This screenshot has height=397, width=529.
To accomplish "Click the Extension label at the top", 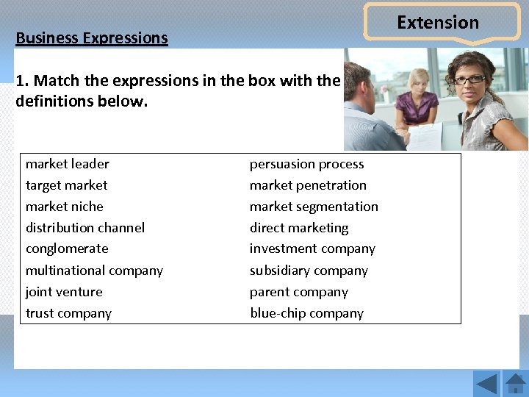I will click(438, 23).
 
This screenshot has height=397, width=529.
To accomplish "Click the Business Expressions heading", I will click(92, 38).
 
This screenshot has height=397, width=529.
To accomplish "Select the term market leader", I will click(68, 164).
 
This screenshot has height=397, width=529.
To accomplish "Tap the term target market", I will click(66, 185).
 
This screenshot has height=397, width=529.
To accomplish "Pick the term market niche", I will click(65, 207).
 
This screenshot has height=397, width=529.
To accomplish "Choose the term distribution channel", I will click(85, 228).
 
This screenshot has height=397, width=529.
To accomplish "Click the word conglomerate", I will click(67, 248).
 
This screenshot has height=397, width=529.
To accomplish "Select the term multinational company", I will click(94, 271).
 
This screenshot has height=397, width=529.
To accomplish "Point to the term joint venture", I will click(64, 292).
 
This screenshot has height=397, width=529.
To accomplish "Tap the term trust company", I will click(68, 313).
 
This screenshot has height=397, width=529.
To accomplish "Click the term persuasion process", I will click(306, 164).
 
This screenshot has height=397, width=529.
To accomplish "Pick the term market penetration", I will click(308, 185).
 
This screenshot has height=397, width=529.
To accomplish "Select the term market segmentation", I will click(314, 207).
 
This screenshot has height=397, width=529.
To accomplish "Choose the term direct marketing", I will click(299, 228).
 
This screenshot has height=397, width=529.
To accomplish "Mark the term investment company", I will click(312, 248).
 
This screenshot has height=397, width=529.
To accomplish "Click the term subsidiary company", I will click(309, 271).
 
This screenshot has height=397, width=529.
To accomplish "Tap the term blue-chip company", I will click(306, 313).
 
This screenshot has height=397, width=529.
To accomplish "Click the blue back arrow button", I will click(486, 384).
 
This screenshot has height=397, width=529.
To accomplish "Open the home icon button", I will click(516, 384).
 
